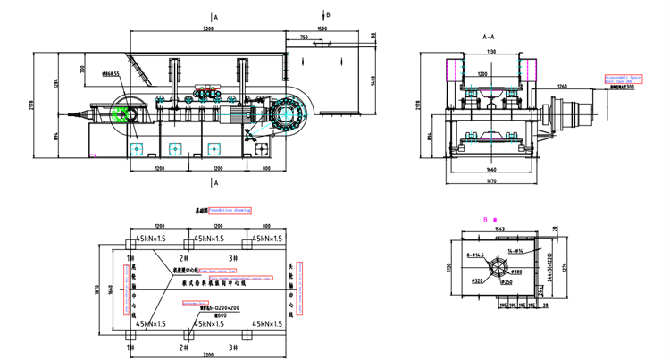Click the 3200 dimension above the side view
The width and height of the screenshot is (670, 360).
pos(208,29)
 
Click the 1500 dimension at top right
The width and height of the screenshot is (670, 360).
pos(322,29)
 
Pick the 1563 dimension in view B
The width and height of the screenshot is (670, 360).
pos(499,230)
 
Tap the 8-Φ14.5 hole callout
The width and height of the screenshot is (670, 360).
pos(476,255)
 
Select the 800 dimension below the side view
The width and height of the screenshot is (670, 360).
pos(265,168)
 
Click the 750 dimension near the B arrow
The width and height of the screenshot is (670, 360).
pos(305,38)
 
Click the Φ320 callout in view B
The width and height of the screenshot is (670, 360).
pos(477,281)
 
